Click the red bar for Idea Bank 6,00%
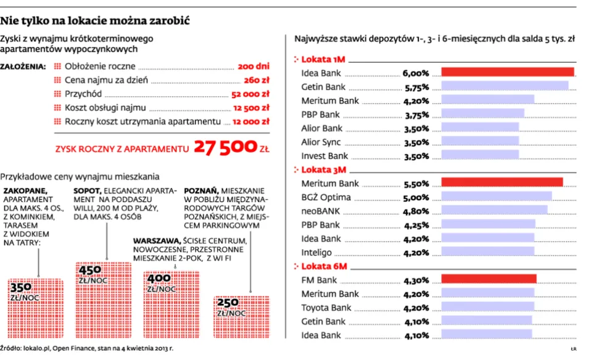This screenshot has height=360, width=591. tap(508, 73)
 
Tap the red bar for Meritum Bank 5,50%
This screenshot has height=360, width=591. tap(502, 182)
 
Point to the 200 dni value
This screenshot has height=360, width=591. tap(254, 66)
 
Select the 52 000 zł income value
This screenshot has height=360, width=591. tap(250, 94)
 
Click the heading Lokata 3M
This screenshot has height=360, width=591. tap(323, 169)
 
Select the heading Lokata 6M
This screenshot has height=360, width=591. tap(323, 266)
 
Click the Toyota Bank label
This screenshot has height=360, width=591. tap(326, 308)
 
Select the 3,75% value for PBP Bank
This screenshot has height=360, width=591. tap(416, 114)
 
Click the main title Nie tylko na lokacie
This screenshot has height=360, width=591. tap(94, 20)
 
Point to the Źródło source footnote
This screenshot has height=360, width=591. tap(87, 348)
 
